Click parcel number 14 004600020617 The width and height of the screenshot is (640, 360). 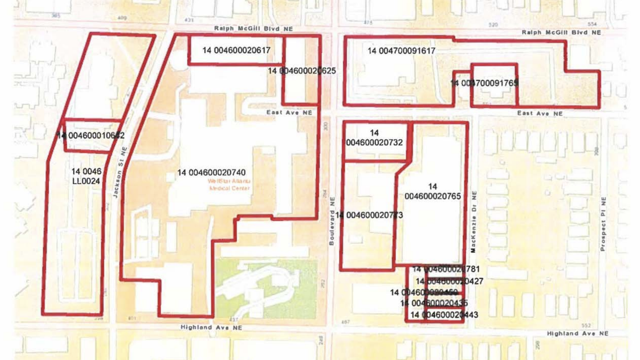(x=236, y=50)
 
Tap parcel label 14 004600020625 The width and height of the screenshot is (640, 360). (x=302, y=71)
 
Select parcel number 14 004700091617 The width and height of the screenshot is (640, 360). (x=401, y=51)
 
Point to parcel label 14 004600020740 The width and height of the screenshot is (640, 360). (x=211, y=173)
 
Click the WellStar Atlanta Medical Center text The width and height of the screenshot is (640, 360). (x=229, y=185)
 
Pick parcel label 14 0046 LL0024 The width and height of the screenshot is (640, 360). (x=86, y=176)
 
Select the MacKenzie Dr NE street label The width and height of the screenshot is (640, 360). (x=474, y=222)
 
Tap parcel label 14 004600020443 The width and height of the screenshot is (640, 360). (x=444, y=315)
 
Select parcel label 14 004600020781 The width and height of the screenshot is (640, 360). (x=446, y=269)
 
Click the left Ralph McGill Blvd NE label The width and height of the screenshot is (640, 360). (x=253, y=29)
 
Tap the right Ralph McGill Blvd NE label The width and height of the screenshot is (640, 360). (x=561, y=32)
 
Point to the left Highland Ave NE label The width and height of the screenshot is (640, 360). (x=211, y=327)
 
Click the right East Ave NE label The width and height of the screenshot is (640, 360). (x=540, y=114)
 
